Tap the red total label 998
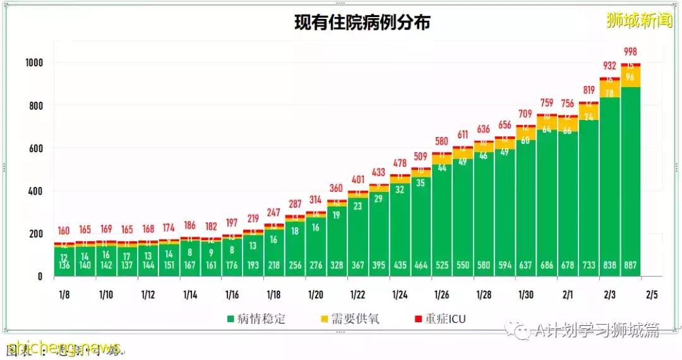click(x=631, y=51)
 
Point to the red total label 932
click(x=610, y=65)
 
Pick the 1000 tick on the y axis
click(x=33, y=63)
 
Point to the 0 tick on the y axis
click(x=40, y=277)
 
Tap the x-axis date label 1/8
click(x=64, y=294)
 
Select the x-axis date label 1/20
click(x=316, y=294)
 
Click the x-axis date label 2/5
click(x=652, y=294)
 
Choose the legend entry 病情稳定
click(x=255, y=319)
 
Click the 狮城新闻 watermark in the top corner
click(x=639, y=20)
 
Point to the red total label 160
click(x=64, y=231)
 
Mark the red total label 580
click(x=442, y=141)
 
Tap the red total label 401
click(x=358, y=179)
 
